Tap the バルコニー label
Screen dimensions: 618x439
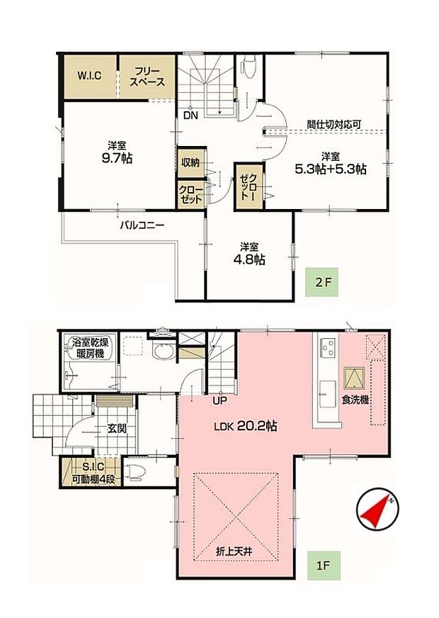point(141,226)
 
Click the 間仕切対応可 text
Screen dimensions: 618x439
point(333,123)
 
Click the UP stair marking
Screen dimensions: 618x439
point(221,400)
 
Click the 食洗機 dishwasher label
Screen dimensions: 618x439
point(355,400)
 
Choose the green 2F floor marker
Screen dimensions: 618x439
point(323,283)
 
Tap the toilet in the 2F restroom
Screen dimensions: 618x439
point(248,67)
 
